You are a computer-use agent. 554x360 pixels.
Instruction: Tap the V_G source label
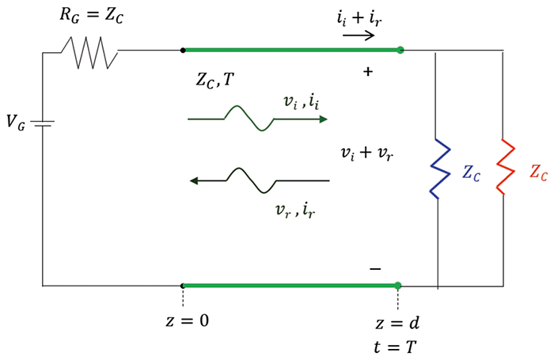16,122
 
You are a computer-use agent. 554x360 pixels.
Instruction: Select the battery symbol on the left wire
43,123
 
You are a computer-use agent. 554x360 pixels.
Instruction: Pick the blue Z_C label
472,174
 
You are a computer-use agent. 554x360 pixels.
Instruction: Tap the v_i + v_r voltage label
365,153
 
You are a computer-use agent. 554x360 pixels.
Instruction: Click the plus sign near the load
367,72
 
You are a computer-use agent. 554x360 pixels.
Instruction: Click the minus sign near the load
375,268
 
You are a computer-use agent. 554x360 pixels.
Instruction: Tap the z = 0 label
183,320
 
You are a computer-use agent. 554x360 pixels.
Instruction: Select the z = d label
397,324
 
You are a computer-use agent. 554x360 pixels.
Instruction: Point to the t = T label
397,347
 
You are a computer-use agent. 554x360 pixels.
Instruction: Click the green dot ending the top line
400,50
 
